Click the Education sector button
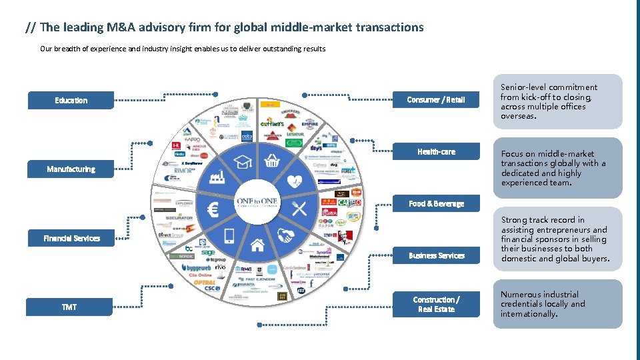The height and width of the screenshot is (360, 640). tap(71, 100)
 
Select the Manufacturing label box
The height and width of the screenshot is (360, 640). tap(71, 169)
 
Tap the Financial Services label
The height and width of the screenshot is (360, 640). tap(71, 238)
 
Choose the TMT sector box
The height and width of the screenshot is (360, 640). tap(69, 307)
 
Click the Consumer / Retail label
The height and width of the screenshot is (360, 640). tap(436, 100)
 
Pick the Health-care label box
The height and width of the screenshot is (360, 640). tap(436, 152)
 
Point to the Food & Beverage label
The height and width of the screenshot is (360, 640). tap(436, 203)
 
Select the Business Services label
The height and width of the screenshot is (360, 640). tap(436, 255)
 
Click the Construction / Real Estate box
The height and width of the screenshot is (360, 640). tap(436, 304)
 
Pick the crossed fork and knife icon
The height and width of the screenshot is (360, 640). tap(299, 209)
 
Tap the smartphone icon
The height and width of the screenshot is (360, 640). tap(229, 235)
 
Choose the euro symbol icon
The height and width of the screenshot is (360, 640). tap(213, 211)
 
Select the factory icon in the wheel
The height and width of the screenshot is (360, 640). tap(217, 177)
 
